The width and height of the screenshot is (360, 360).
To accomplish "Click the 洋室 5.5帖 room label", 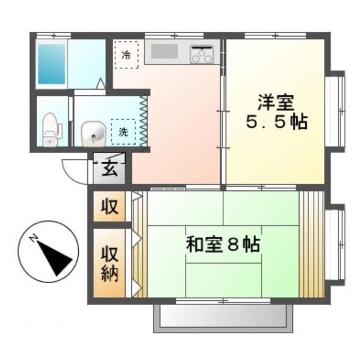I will click(x=276, y=110).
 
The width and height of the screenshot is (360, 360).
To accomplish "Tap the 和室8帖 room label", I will click(x=223, y=245).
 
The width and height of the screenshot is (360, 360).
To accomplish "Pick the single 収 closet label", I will click(x=109, y=206).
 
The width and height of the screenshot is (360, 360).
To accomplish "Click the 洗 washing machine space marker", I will click(x=123, y=130).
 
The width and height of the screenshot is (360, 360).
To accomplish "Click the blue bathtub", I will click(x=51, y=63).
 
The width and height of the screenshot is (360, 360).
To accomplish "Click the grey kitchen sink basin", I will click(x=164, y=52).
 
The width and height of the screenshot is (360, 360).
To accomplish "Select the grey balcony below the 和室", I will click(x=223, y=318).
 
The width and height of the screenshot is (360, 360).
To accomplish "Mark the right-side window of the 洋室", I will click(x=336, y=110).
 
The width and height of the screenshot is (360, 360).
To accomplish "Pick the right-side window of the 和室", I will click(x=336, y=245).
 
